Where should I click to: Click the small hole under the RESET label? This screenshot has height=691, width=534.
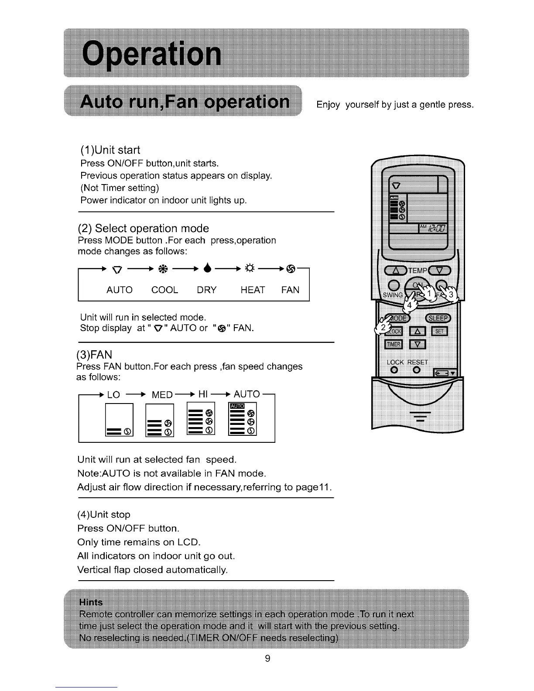416,370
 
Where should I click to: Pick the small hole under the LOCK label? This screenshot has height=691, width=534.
394,370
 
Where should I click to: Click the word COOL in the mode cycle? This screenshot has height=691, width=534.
164,290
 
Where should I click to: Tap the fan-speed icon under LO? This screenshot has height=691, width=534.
119,419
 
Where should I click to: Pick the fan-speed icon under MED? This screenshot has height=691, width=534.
160,420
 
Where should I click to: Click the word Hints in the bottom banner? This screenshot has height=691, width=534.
91,602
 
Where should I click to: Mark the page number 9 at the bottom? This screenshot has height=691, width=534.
267,658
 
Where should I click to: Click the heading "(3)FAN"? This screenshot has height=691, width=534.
94,354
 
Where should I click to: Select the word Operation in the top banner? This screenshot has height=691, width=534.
152,54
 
